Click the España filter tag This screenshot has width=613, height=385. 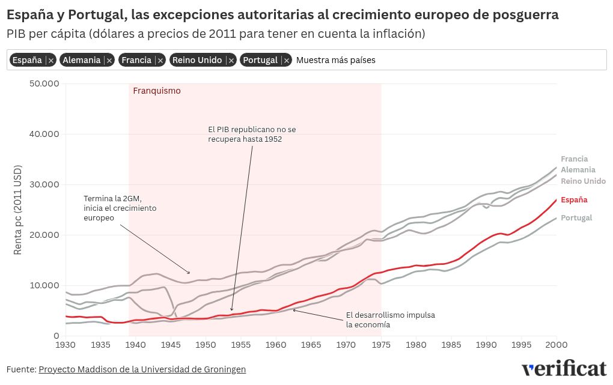click(27, 60)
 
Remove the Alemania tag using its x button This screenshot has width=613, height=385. click(110, 60)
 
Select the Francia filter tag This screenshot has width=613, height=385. click(136, 60)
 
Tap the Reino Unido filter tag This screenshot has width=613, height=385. click(197, 60)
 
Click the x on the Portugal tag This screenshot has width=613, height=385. click(287, 60)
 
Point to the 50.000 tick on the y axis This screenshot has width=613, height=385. click(44, 83)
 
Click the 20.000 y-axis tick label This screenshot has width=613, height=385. click(44, 235)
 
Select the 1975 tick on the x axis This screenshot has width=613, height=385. click(381, 345)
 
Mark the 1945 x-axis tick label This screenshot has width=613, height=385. click(171, 345)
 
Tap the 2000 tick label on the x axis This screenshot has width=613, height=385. click(556, 345)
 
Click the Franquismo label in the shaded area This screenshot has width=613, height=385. click(157, 91)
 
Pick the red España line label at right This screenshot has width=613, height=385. click(574, 200)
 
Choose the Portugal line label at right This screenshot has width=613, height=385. click(576, 218)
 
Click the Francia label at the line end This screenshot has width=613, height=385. click(574, 159)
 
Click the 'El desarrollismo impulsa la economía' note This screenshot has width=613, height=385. click(390, 320)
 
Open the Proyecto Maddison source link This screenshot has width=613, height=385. click(142, 369)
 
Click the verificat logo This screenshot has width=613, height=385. click(564, 369)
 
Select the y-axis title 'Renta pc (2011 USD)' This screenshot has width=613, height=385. click(18, 209)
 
